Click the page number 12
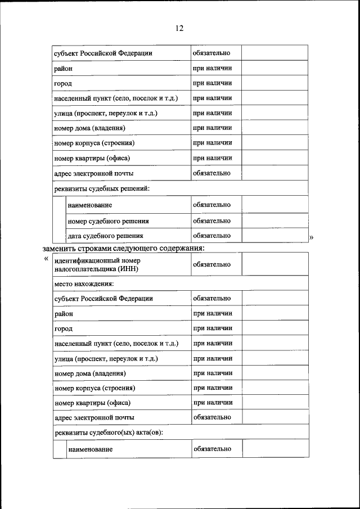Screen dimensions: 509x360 (179, 28)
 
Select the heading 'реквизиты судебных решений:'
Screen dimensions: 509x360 (101, 188)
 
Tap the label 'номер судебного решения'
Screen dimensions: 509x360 (108, 221)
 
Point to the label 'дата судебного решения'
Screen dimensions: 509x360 (105, 236)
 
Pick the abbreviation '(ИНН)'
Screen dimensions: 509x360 (127, 269)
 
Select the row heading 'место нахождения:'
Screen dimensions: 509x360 (84, 284)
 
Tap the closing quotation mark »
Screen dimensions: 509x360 (311, 237)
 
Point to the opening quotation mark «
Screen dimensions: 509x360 (46, 259)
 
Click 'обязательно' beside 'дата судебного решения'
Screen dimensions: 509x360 (211, 236)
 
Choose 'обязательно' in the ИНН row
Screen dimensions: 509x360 (211, 264)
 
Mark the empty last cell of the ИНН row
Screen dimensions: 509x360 (274, 264)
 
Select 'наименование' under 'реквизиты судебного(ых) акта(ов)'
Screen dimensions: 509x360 (90, 449)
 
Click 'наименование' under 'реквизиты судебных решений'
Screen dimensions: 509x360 (90, 205)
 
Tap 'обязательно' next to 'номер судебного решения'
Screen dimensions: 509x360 (211, 220)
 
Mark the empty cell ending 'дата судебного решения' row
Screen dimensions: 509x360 (274, 236)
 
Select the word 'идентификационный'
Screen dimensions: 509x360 (88, 261)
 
